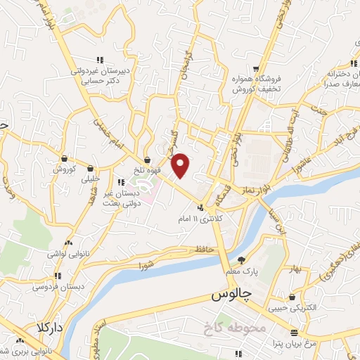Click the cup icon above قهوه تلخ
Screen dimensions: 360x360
tap(147, 159)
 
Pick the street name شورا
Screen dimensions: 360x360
tap(146, 265)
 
